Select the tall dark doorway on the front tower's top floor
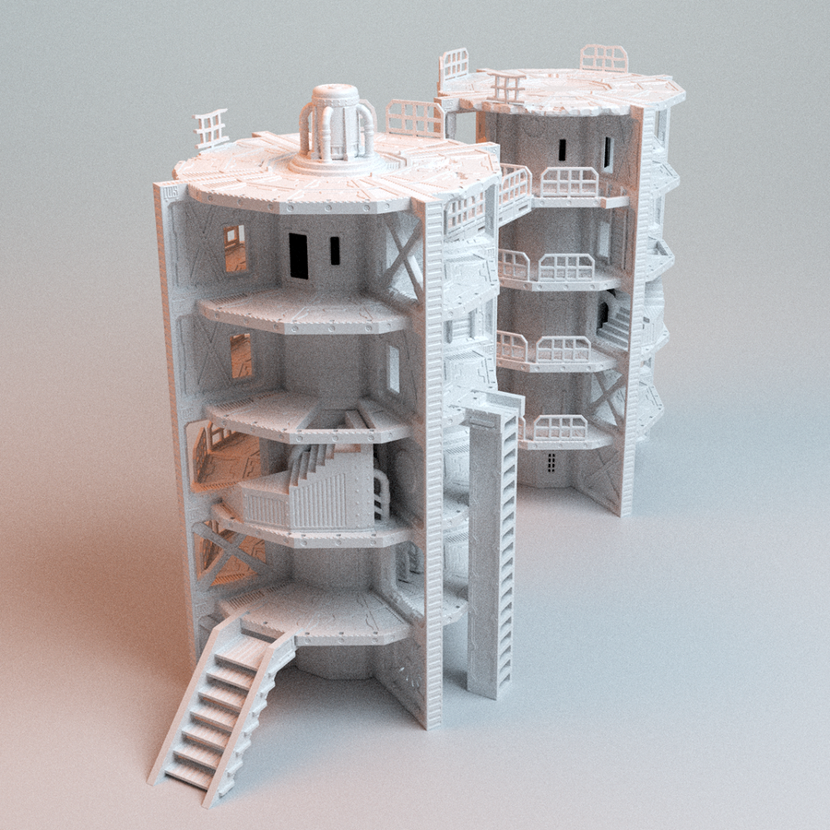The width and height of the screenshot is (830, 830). [299, 255]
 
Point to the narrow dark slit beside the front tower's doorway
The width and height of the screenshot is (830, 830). [334, 249]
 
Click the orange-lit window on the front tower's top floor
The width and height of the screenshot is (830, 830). [234, 248]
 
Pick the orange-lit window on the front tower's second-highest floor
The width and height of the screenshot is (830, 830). [241, 356]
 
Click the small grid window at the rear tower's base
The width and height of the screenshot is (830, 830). [551, 463]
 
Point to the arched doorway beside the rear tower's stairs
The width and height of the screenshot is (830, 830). [606, 310]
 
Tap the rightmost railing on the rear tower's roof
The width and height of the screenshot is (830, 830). [604, 58]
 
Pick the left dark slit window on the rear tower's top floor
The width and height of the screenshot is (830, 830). [563, 149]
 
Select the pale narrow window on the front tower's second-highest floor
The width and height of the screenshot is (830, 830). [393, 368]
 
